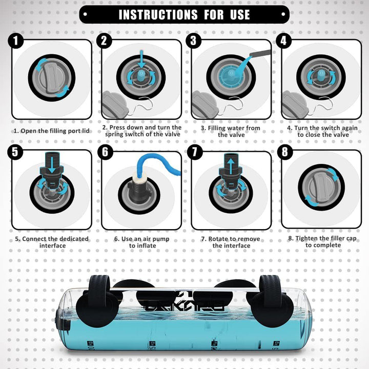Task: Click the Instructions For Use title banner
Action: coord(184,14)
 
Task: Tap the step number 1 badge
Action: coord(16,40)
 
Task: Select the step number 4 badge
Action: coord(285,40)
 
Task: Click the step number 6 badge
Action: coord(106,152)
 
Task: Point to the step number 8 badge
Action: coord(285,152)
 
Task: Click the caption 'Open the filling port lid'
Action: coord(51,131)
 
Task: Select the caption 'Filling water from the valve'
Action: coord(230,131)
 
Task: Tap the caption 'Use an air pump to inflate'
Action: coord(141,242)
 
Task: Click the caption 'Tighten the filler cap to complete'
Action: coord(321,242)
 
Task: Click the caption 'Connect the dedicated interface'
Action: coord(51,242)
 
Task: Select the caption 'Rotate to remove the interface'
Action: coord(230,242)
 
